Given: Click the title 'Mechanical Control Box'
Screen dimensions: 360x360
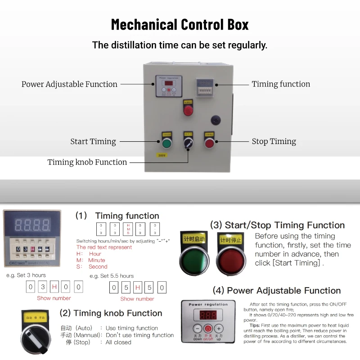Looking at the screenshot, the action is tap(180, 24).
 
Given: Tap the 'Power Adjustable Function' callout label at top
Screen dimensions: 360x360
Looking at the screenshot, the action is tap(69, 84).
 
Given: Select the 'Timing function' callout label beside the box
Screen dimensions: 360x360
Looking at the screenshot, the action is tap(281, 84).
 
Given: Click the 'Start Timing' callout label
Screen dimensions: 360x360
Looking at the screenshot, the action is tap(93, 142).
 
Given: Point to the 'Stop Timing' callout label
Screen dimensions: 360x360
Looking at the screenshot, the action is tap(274, 142).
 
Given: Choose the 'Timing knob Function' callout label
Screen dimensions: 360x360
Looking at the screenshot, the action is tap(87, 162).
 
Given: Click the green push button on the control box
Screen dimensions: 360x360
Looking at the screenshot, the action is tap(166, 144).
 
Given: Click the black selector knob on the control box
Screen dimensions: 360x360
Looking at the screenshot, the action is tap(188, 144).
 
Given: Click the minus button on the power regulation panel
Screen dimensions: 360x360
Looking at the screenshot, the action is tap(198, 328).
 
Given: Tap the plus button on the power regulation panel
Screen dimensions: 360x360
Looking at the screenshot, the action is tap(218, 328).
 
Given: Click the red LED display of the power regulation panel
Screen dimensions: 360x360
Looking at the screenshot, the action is tap(208, 315).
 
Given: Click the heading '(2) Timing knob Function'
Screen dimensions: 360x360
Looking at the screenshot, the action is tap(111, 313).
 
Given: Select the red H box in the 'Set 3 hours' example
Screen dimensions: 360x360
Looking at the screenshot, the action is tap(54, 287).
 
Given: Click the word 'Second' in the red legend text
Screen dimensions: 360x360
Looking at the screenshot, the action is tap(98, 266).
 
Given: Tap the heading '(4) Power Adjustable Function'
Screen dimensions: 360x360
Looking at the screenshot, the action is tap(277, 291).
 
